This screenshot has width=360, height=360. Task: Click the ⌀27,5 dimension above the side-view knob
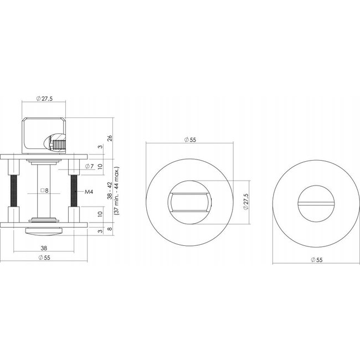(44, 99)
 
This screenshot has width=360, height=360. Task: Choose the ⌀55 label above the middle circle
(189, 140)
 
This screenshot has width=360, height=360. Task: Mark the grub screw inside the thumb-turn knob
(57, 146)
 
